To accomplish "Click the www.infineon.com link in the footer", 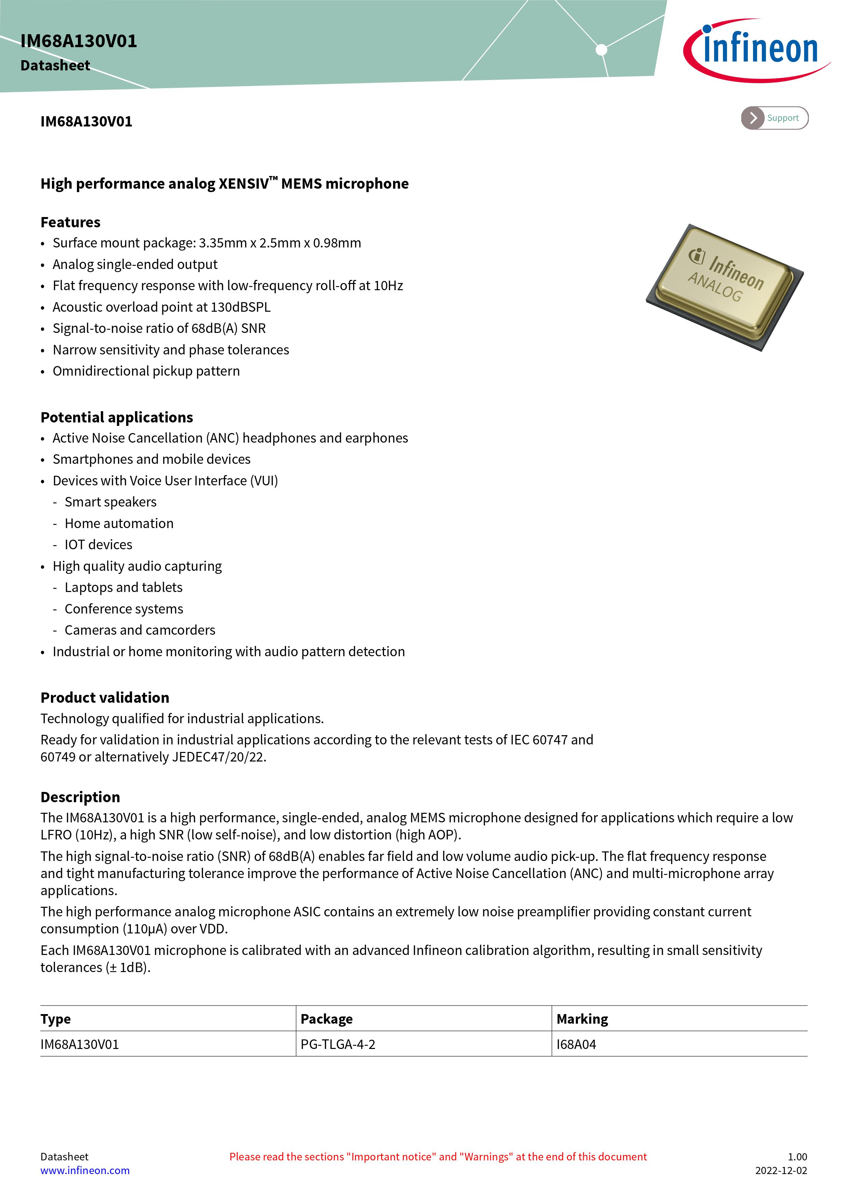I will [85, 1170].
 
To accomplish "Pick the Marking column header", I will [582, 1019].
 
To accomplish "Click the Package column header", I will [326, 1019].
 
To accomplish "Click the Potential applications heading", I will [117, 417].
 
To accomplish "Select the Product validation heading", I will [105, 698].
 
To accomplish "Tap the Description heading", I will [80, 797].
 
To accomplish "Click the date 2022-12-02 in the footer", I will [781, 1170].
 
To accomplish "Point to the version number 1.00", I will [797, 1156].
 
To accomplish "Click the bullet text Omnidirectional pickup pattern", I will [146, 371].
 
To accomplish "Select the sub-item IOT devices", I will [98, 545].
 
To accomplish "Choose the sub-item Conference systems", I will [124, 609].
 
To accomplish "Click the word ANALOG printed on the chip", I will [715, 287].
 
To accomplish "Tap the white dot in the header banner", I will [602, 50].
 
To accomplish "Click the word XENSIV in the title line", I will [244, 184].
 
